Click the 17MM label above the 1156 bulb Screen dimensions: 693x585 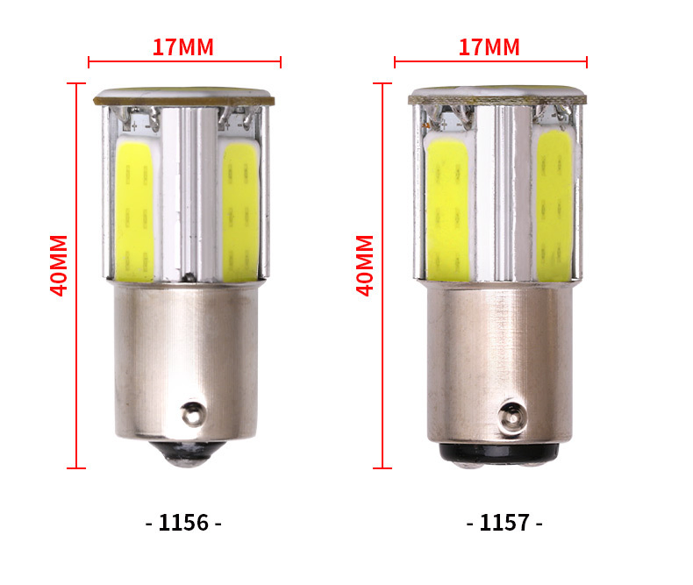pyautogui.click(x=182, y=47)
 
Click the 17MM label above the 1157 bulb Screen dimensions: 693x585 pyautogui.click(x=489, y=47)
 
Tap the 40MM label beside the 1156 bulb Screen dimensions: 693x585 pyautogui.click(x=59, y=265)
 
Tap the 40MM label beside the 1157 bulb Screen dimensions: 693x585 pyautogui.click(x=365, y=265)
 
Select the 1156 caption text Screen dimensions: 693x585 pyautogui.click(x=183, y=522)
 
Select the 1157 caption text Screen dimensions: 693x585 pyautogui.click(x=504, y=522)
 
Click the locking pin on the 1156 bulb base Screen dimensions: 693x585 pyautogui.click(x=193, y=414)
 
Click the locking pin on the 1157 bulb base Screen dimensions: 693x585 pyautogui.click(x=512, y=417)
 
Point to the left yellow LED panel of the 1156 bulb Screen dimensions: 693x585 pyautogui.click(x=135, y=210)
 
